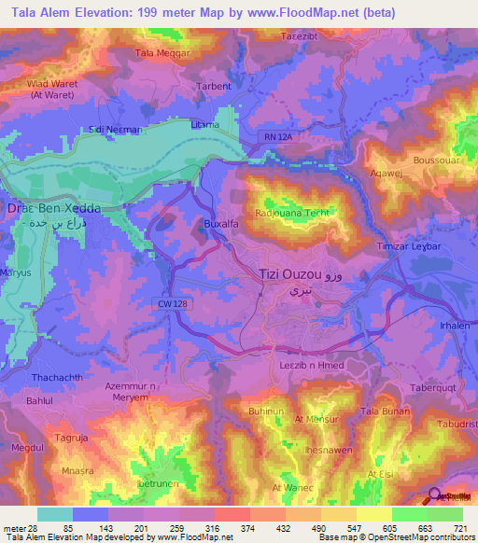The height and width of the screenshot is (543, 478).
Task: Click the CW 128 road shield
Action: pos(167,301)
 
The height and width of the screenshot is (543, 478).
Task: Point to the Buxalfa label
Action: pos(221,224)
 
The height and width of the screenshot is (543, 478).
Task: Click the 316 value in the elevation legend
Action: pos(213,526)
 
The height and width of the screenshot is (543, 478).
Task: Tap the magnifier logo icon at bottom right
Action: pos(436,495)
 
